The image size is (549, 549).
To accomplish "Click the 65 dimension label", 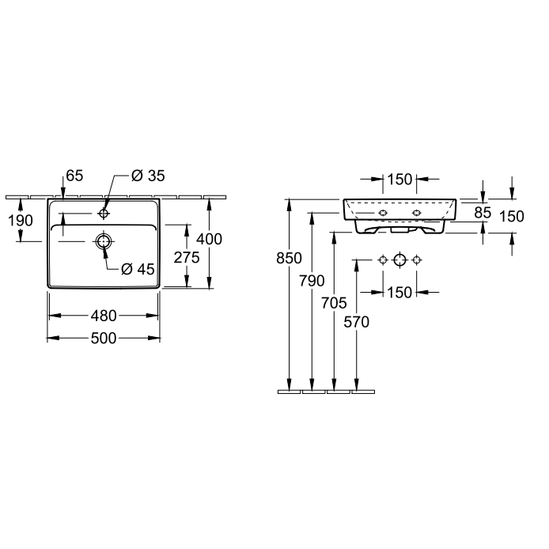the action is [x=74, y=176].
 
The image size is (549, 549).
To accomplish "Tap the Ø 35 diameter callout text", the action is [x=148, y=176].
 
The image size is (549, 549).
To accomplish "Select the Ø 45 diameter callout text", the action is [x=138, y=269].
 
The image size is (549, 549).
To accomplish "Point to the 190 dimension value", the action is [x=21, y=221].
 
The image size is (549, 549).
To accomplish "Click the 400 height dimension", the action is [x=209, y=239].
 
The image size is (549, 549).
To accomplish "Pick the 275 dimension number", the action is [x=187, y=258].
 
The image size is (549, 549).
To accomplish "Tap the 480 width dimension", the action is [x=104, y=316].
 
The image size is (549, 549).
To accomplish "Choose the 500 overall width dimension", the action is [x=104, y=339].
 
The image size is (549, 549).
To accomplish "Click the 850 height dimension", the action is [x=289, y=259].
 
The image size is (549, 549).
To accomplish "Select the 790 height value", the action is [x=312, y=281].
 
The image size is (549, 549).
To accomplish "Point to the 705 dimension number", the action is [x=334, y=303].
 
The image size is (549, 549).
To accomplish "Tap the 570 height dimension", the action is [x=357, y=322].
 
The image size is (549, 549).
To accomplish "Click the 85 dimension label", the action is [x=483, y=213].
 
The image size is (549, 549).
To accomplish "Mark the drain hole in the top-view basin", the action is [x=104, y=241].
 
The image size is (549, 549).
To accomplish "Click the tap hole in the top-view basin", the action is [x=104, y=214].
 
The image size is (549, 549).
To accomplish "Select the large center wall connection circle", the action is [x=399, y=260].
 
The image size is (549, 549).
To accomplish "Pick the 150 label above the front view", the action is [x=399, y=180].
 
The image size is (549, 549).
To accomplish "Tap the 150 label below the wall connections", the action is [x=399, y=293].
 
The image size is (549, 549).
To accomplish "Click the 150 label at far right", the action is [x=512, y=217].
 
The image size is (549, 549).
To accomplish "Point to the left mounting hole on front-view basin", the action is [x=383, y=213].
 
